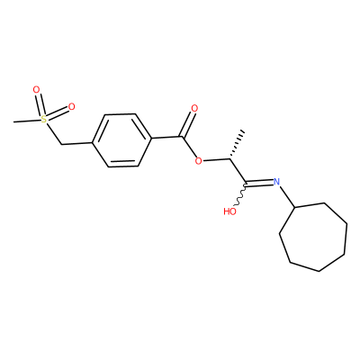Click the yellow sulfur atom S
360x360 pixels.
click(44, 120)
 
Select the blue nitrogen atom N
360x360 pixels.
click(276, 182)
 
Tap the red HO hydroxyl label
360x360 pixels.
click(230, 211)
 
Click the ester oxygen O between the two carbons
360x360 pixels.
click(198, 161)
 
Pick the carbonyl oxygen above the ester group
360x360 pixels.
click(194, 109)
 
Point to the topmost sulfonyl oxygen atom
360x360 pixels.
click(36, 89)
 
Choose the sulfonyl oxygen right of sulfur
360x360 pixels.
click(71, 106)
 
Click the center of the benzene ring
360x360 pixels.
click(121, 140)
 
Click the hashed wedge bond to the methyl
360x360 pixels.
click(237, 144)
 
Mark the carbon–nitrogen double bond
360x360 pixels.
click(260, 183)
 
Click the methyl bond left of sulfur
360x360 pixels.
click(27, 121)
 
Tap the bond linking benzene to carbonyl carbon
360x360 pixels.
click(166, 138)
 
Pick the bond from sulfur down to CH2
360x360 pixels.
click(53, 134)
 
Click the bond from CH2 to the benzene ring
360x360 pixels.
click(77, 143)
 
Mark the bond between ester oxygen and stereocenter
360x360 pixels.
click(216, 160)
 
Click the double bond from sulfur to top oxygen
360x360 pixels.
click(40, 104)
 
